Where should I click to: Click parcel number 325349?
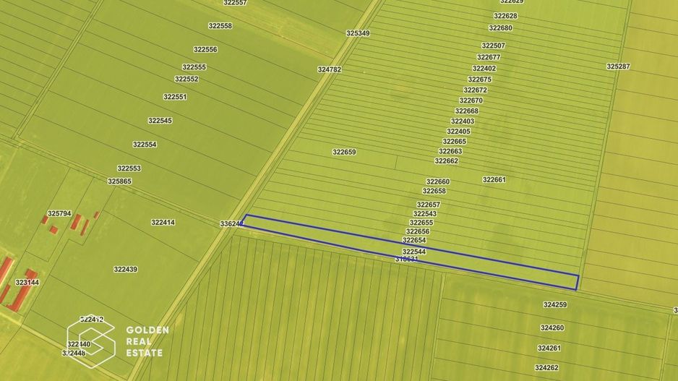tap(358, 33)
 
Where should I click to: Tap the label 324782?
tap(329, 69)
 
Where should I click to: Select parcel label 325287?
tap(618, 67)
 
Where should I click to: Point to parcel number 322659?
tap(344, 153)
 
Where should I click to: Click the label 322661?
tap(494, 179)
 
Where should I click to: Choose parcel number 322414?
tap(163, 223)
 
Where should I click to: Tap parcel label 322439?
tap(125, 270)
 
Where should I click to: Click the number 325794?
tap(59, 214)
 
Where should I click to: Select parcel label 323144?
tap(27, 283)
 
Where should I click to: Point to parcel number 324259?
tap(554, 305)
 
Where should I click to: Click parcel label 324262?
tap(548, 368)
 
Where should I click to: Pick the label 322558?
tap(220, 26)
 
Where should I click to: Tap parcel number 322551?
tap(175, 97)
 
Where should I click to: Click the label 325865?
tap(119, 181)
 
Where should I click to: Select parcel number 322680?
tap(500, 28)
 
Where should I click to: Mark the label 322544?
tap(414, 252)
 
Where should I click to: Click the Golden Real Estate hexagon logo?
tap(91, 340)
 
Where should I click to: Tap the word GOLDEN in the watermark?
tap(147, 330)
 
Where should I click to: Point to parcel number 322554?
tap(145, 145)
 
